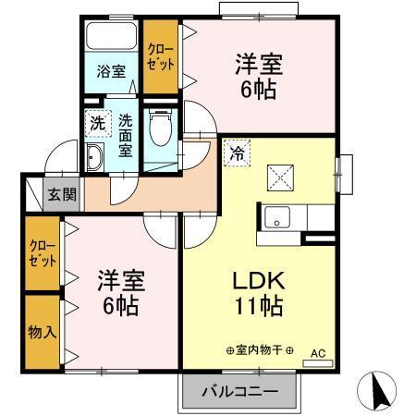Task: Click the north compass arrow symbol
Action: coord(378,392)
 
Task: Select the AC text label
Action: coord(318,352)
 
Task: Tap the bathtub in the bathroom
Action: coord(112,36)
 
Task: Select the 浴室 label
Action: coord(112,70)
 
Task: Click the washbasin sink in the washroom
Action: coord(94,158)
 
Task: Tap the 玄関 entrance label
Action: coord(62,194)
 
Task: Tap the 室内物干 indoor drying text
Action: coord(260,350)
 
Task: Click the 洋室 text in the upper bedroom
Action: coord(258,65)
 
